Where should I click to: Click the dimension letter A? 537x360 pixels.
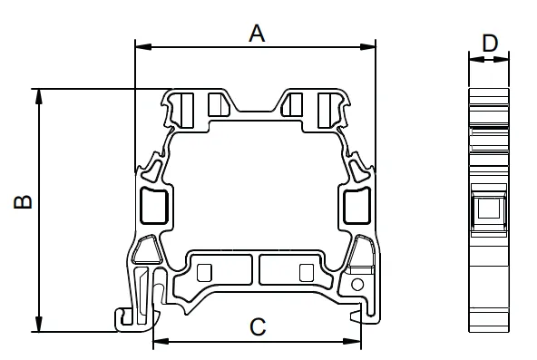click(x=257, y=34)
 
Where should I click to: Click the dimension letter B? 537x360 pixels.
click(x=23, y=202)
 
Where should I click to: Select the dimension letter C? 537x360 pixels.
click(x=258, y=326)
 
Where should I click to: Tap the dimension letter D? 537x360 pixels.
click(x=490, y=44)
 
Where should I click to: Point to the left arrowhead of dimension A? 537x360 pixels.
click(x=143, y=47)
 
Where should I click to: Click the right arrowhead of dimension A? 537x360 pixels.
click(x=367, y=47)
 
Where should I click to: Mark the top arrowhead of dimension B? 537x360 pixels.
click(x=39, y=97)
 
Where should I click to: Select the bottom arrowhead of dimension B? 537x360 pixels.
click(x=39, y=324)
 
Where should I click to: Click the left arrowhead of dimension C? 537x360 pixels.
click(x=161, y=341)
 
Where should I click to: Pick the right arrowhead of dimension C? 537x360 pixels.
click(x=353, y=341)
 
